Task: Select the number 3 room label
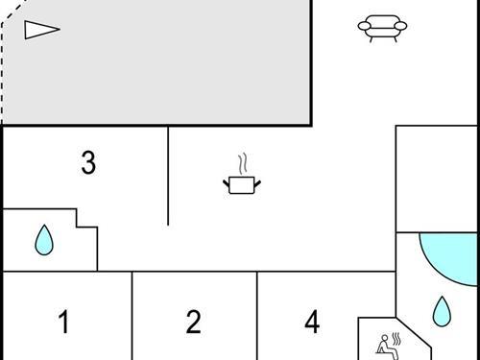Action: (88, 163)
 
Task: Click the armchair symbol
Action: (381, 28)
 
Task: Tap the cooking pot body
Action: (240, 184)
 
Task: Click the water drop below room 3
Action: (44, 240)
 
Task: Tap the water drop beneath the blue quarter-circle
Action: (441, 311)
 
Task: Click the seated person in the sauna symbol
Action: (382, 343)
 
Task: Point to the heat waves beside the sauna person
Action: (396, 338)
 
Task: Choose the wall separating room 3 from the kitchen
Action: (169, 178)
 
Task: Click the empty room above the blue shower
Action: (437, 178)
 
